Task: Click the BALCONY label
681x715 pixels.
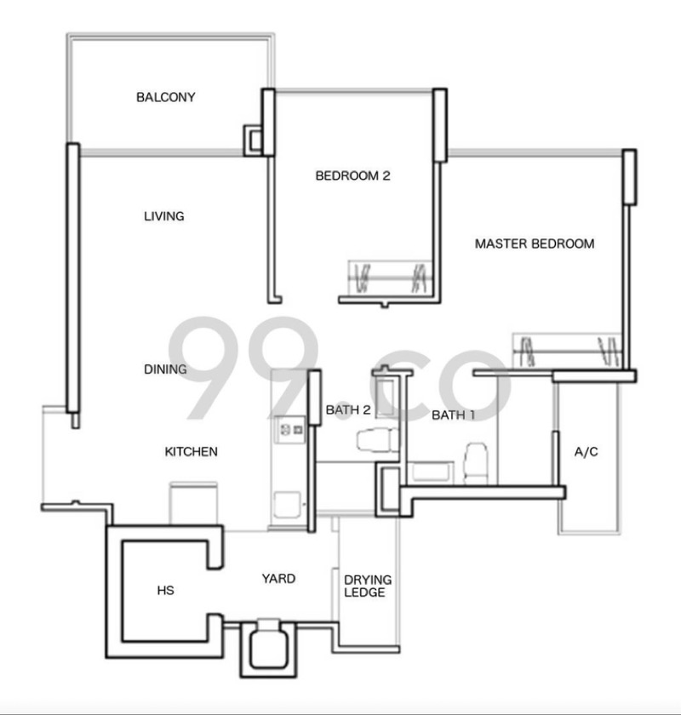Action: click(165, 97)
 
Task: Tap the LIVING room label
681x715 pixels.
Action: click(163, 216)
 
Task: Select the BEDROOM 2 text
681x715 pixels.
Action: click(352, 176)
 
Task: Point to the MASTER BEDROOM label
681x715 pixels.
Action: click(535, 243)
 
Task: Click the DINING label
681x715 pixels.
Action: click(165, 369)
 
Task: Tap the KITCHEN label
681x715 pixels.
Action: click(191, 452)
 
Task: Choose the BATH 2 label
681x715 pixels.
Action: click(347, 409)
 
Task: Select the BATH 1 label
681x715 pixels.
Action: click(453, 415)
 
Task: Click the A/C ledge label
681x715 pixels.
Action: click(587, 451)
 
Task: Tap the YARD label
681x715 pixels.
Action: click(278, 579)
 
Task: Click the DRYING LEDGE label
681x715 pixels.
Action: click(364, 586)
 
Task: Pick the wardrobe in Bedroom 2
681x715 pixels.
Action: click(389, 277)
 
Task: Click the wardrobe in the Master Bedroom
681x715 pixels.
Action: click(567, 350)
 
